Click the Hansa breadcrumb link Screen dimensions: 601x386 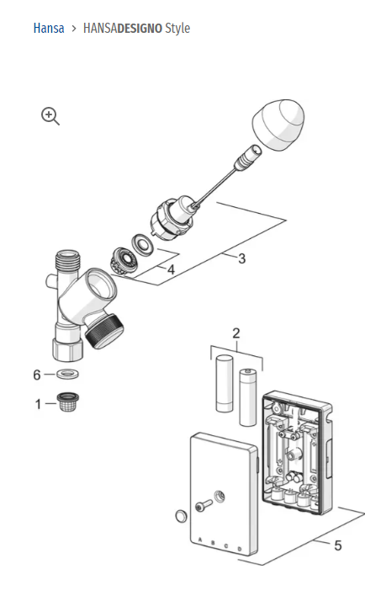coord(49,29)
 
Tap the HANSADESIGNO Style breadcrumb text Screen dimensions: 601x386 coord(136,29)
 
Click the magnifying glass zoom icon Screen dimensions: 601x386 coord(50,117)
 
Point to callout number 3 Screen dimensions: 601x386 coord(241,259)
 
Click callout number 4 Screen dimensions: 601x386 coord(171,270)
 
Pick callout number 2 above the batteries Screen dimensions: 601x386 coord(236,332)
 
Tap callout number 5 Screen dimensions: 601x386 coord(337,545)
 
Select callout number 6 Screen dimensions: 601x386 coord(36,374)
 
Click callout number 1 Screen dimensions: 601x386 coord(38,404)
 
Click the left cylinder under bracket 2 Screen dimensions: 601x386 coord(224,384)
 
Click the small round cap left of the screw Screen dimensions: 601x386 coord(178,515)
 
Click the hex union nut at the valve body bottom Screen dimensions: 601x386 coord(66,348)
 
